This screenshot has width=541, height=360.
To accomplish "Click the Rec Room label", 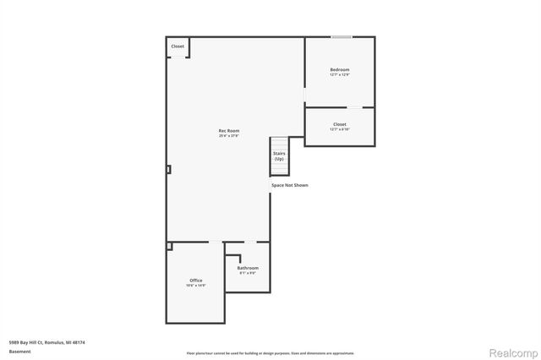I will click(229, 131).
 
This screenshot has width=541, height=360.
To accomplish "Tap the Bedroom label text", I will click(339, 69).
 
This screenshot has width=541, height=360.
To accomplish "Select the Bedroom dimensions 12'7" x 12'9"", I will click(339, 75).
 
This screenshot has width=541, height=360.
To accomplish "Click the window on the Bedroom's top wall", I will click(342, 36).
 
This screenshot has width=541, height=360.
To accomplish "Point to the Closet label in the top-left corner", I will click(178, 46).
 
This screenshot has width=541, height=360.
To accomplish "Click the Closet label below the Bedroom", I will click(339, 124).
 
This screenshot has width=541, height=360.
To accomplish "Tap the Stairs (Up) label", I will click(278, 156).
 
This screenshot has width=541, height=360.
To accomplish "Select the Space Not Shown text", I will click(289, 184).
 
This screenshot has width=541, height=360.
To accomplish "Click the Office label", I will click(195, 280).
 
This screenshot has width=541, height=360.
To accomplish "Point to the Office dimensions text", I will click(195, 286).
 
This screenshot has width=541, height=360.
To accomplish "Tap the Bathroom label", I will click(248, 268).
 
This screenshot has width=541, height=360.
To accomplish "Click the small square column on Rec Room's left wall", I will click(168, 169).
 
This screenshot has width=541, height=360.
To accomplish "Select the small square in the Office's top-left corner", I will click(169, 246).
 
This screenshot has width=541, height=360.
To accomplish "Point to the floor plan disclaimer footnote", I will click(270, 352).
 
